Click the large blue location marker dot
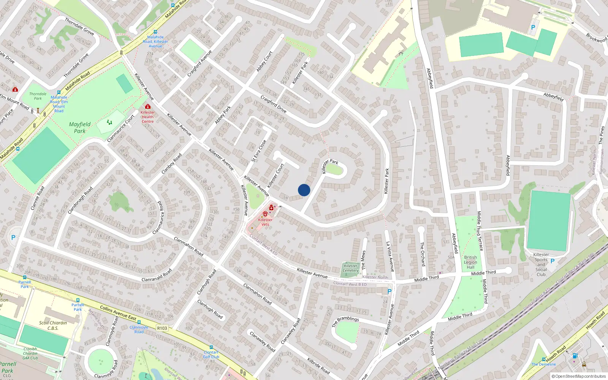(304, 190)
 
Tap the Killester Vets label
(265, 222)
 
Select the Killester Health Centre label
(148, 117)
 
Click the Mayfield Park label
(80, 127)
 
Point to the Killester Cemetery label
(350, 268)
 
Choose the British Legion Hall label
(470, 262)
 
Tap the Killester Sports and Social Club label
(541, 264)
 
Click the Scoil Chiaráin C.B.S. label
(53, 325)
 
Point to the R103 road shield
(162, 328)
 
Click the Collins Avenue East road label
(118, 313)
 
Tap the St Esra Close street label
(259, 151)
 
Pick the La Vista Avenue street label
(390, 257)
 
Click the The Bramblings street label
(345, 321)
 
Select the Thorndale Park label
(38, 96)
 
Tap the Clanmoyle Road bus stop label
(139, 329)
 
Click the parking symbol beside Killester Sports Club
(553, 261)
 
